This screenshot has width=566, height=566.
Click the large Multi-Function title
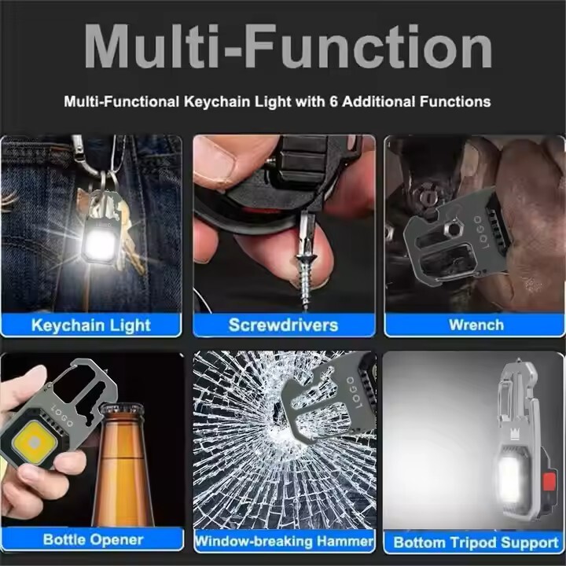click(x=288, y=46)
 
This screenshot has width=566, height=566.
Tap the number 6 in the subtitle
click(x=333, y=101)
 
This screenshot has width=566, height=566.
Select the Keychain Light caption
click(x=91, y=325)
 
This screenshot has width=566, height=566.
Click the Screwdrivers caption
click(x=283, y=325)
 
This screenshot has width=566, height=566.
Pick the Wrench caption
click(x=476, y=325)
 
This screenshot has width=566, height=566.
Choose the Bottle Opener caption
click(x=93, y=539)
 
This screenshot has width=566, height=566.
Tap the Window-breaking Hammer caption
click(x=285, y=541)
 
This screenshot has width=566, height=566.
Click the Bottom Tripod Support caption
click(x=476, y=542)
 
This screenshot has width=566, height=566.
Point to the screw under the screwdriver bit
click(x=306, y=278)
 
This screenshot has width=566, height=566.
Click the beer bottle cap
click(x=122, y=412)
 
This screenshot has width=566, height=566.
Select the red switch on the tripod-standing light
click(x=549, y=482)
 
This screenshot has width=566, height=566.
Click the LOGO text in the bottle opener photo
click(x=62, y=415)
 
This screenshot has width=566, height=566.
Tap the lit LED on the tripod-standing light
click(x=512, y=476)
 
